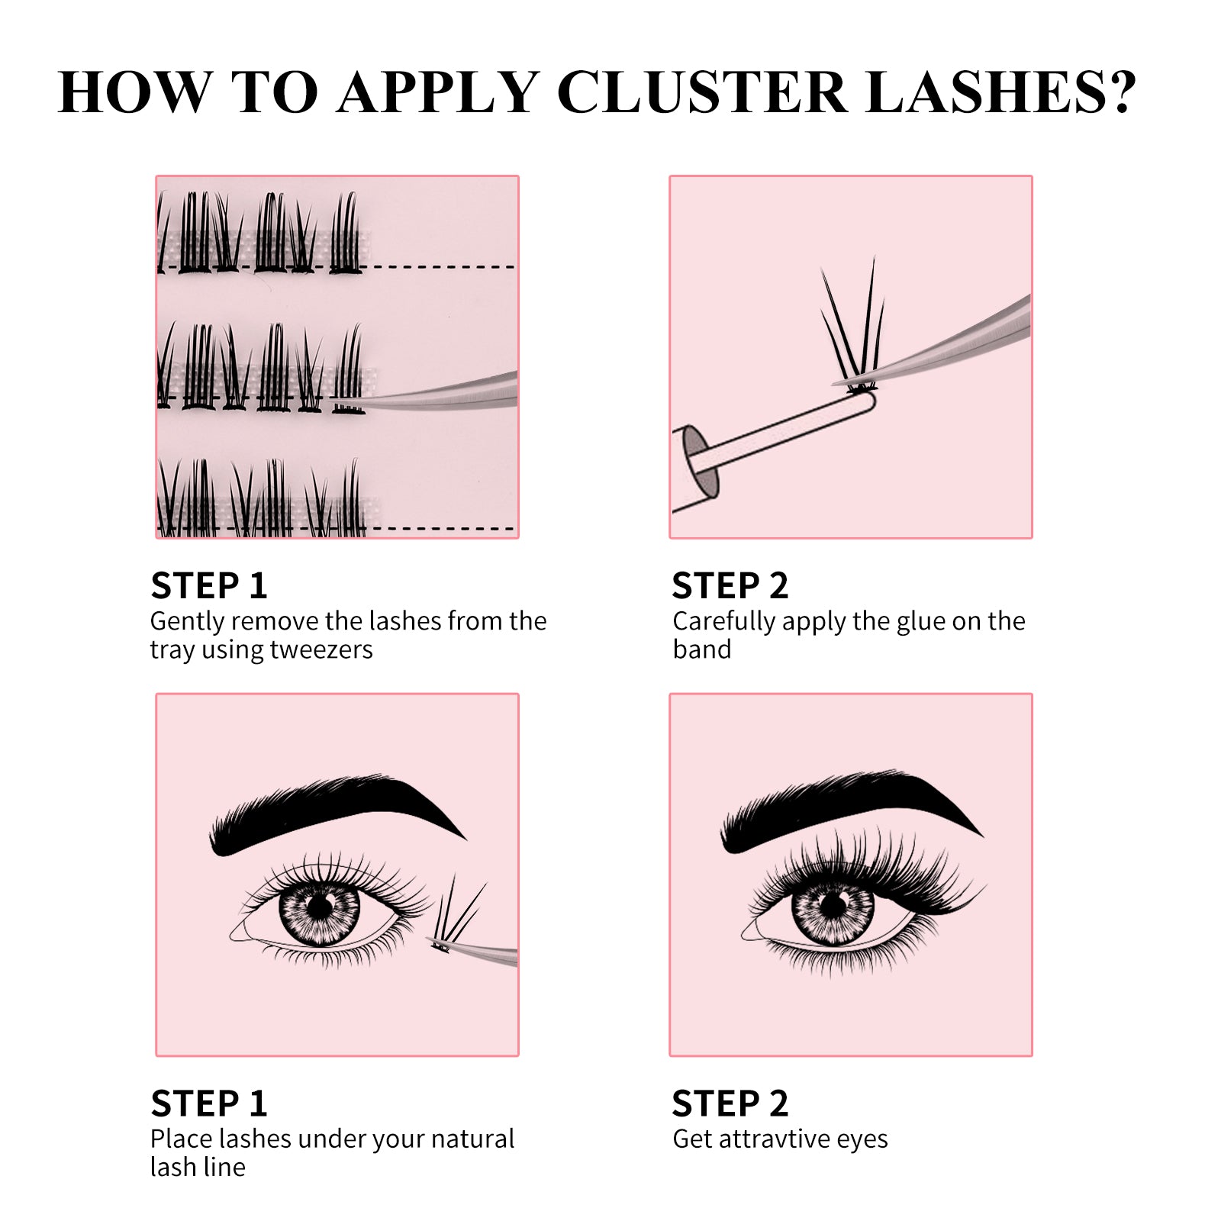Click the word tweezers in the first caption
pos(321,649)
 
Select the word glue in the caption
pos(921,621)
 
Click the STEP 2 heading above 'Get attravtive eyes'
pos(730,1103)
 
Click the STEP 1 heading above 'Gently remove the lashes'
pos(209,586)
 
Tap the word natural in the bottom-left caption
pos(472,1139)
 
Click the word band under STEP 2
pos(701,649)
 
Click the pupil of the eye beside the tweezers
pos(321,907)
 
